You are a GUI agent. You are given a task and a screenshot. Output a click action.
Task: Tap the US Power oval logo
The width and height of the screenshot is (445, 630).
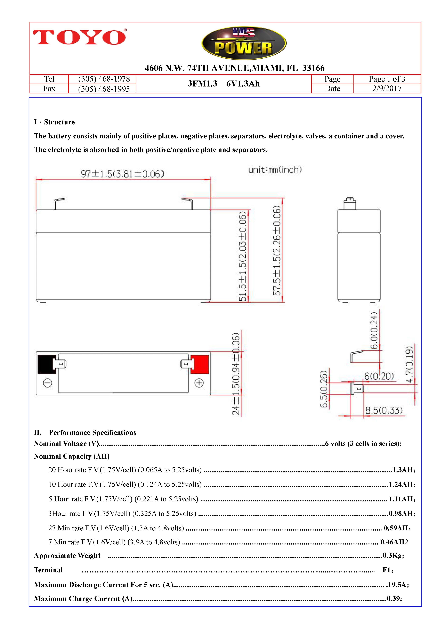pos(244,43)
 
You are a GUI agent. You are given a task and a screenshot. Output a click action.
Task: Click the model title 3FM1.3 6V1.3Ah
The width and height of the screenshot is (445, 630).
pos(223,84)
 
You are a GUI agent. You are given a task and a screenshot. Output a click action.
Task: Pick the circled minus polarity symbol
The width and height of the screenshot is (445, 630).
pos(48,383)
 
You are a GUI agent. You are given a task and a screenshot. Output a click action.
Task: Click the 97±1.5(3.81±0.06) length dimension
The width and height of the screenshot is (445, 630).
pos(123,174)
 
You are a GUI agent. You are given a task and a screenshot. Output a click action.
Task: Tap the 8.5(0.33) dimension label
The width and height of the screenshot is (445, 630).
pos(384,410)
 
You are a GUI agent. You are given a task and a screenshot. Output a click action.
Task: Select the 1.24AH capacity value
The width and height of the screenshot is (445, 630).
pos(401,484)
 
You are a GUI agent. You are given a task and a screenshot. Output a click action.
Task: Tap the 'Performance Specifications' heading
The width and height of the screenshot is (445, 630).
pos(92,432)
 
